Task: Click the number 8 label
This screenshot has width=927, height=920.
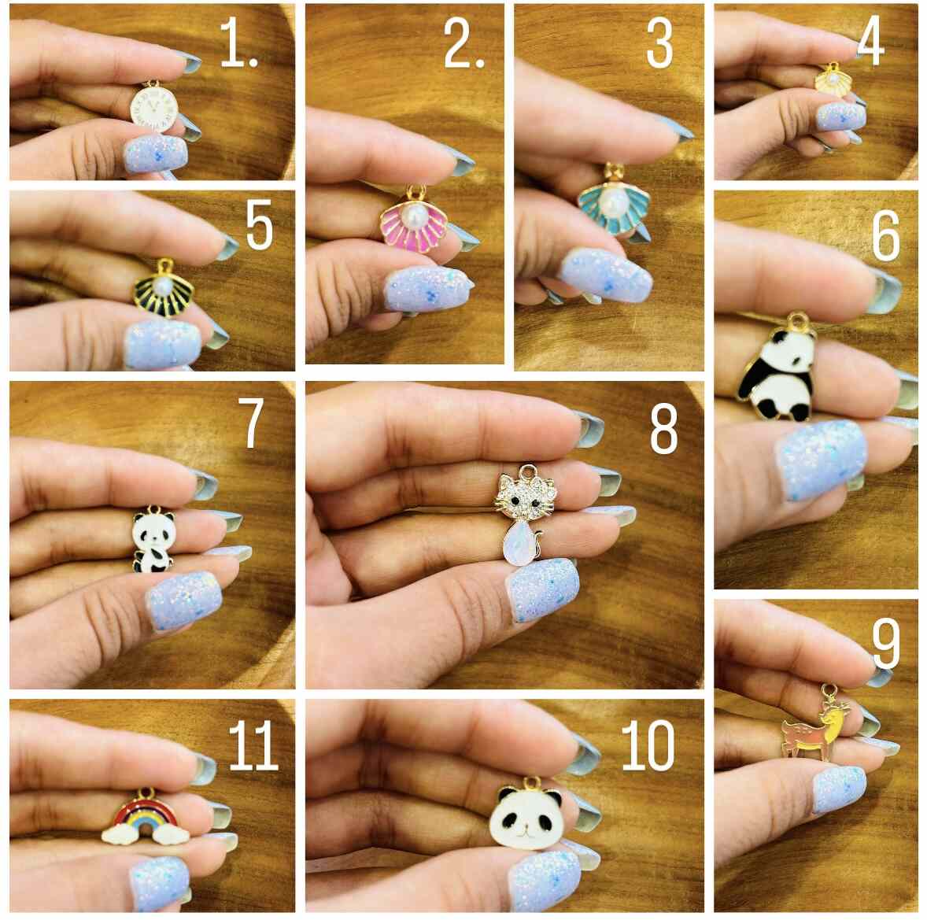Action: [x=663, y=430]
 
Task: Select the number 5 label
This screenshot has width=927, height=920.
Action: [x=259, y=226]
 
